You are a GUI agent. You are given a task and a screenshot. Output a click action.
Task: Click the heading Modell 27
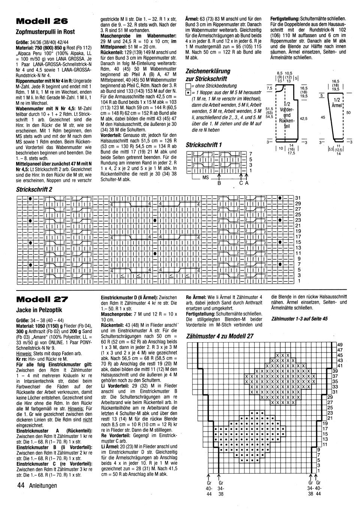tap(42, 299)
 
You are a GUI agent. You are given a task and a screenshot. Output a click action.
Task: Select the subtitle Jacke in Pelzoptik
tap(39, 310)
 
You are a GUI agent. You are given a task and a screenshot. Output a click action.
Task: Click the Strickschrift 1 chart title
tap(204, 145)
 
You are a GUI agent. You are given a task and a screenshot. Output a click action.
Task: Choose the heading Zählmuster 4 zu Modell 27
tap(220, 336)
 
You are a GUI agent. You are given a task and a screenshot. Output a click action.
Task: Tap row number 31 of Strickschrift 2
tap(298, 198)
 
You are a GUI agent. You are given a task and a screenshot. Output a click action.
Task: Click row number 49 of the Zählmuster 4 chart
tap(340, 344)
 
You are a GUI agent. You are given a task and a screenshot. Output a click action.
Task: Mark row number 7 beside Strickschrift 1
tap(250, 154)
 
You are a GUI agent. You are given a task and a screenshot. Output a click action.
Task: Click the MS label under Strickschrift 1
tap(205, 178)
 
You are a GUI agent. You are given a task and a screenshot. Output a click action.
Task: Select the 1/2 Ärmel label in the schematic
tap(336, 102)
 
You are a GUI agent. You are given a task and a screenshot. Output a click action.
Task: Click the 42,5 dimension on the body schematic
tap(304, 118)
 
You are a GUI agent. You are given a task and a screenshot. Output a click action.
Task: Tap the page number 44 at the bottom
tap(21, 486)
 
